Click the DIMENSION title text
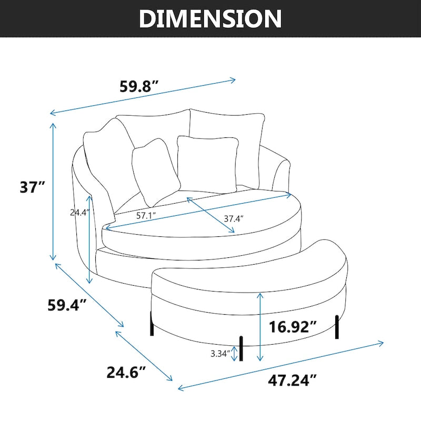tap(210, 18)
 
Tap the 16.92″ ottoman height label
tap(292, 327)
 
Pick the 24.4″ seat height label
tap(80, 213)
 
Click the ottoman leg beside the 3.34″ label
tap(242, 349)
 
